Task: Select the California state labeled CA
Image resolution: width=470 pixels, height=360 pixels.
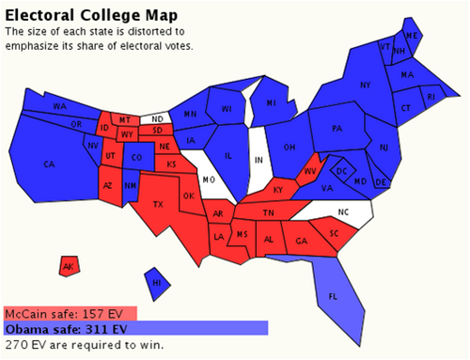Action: [49, 165]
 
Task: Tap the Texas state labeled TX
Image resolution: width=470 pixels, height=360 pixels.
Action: [158, 204]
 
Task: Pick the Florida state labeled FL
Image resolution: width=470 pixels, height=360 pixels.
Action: [333, 296]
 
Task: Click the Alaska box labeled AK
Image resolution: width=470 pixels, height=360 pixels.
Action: [68, 267]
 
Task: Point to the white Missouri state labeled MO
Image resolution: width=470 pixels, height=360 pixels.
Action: [210, 179]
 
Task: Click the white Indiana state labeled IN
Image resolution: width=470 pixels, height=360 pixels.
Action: [258, 161]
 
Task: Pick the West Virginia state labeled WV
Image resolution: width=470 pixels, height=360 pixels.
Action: [309, 172]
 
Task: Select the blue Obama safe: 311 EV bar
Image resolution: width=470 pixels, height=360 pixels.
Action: [135, 329]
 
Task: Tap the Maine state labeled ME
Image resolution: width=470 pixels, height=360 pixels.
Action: [412, 36]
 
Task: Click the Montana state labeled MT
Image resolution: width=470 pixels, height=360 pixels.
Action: [125, 120]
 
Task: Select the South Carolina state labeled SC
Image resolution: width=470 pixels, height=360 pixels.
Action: [334, 232]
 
